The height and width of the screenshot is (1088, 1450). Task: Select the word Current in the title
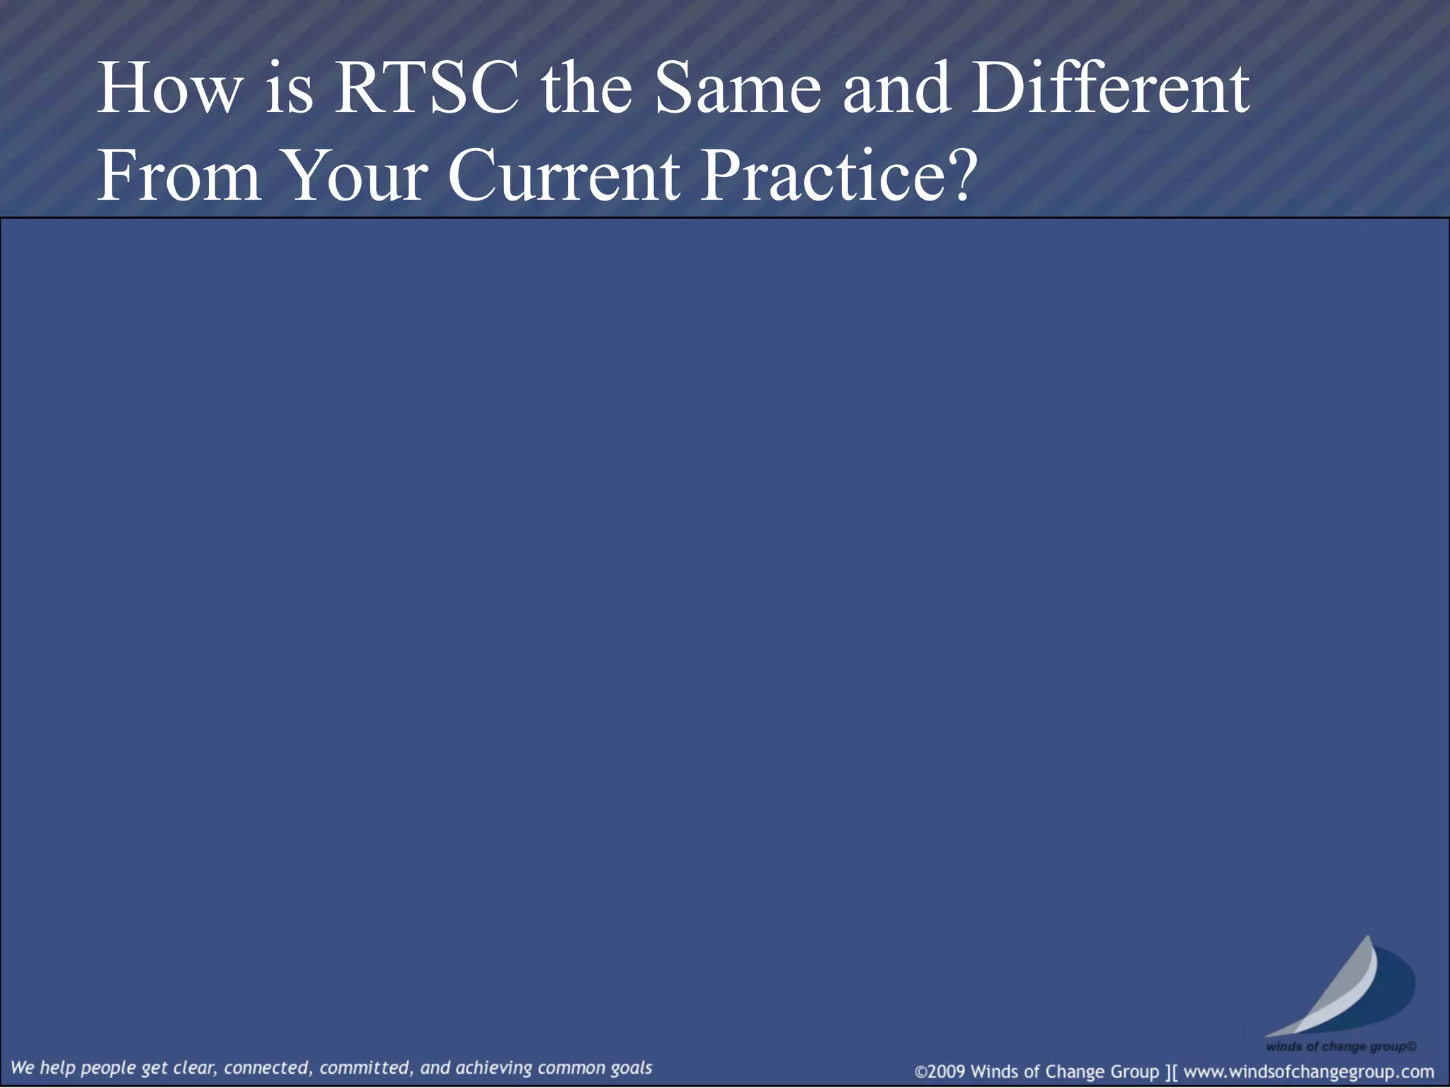click(x=564, y=176)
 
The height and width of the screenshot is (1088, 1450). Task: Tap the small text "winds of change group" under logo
click(x=1340, y=1046)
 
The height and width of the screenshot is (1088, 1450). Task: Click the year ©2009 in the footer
click(x=940, y=1072)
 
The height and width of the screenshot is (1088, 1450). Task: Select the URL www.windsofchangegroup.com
click(x=1308, y=1072)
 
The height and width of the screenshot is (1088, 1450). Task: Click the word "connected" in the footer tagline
click(x=266, y=1067)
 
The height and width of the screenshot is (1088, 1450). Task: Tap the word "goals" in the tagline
click(x=632, y=1068)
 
